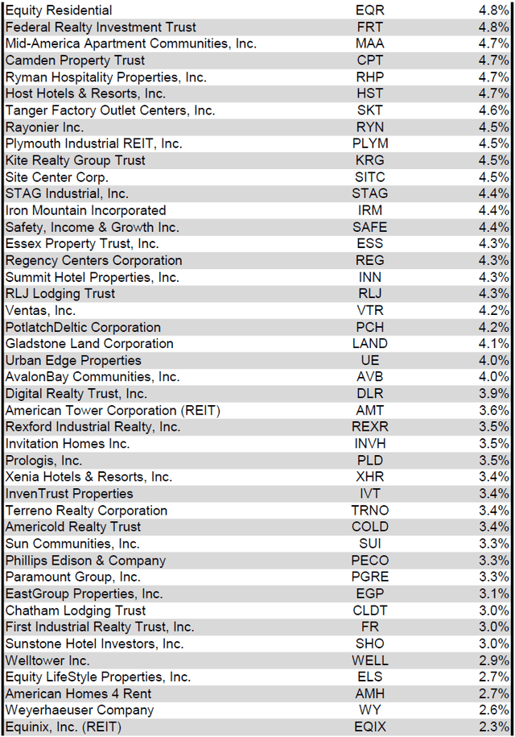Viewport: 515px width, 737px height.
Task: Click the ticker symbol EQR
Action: tap(370, 10)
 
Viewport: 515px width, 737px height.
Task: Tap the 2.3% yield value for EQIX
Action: tap(492, 727)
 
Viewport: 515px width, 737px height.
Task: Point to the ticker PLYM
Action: tap(370, 143)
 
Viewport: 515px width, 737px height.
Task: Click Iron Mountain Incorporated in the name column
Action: tap(85, 210)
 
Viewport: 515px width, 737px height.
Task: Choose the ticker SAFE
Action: tap(370, 227)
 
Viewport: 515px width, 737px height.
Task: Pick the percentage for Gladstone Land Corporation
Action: tap(492, 343)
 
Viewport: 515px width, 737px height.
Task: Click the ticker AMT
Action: tap(370, 410)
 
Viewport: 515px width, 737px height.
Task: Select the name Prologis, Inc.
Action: tap(43, 460)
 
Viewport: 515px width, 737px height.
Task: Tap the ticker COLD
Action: tap(370, 527)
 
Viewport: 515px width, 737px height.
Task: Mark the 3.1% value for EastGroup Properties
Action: tap(492, 594)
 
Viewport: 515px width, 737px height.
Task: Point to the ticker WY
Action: tap(370, 710)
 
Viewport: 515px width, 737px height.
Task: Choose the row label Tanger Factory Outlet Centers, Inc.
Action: tap(110, 110)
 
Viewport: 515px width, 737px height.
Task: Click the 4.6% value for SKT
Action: tap(492, 110)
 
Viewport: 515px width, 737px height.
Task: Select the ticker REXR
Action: tap(370, 427)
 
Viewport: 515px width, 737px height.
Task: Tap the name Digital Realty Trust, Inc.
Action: tap(76, 394)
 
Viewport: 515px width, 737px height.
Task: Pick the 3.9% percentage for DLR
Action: tap(492, 394)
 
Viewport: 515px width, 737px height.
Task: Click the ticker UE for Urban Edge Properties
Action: tap(370, 360)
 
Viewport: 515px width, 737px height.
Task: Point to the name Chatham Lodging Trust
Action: tap(75, 610)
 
